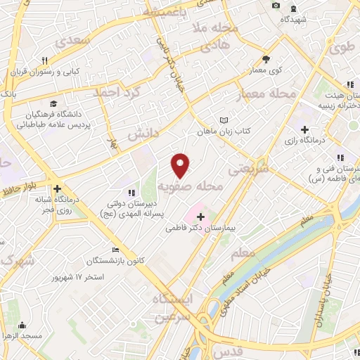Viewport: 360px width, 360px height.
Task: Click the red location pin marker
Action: click(x=181, y=165)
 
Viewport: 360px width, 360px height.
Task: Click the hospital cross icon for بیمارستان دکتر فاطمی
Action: click(x=201, y=217)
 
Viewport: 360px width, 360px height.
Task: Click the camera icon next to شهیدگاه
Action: click(x=276, y=6)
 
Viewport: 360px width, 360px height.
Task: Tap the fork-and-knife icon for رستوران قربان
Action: click(x=44, y=60)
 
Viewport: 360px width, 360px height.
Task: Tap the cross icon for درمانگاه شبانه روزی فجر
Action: click(x=57, y=188)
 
